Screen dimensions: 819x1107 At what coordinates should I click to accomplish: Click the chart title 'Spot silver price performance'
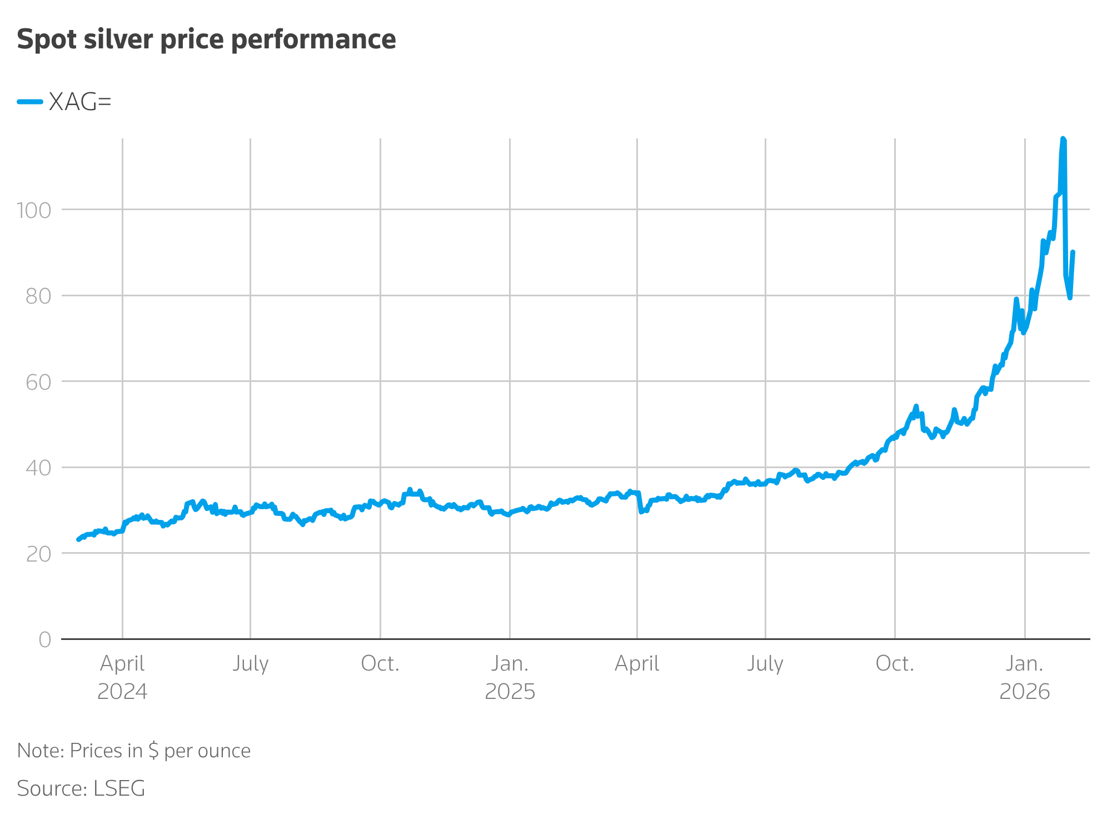click(206, 39)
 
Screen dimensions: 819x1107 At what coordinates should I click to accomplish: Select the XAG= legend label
click(80, 102)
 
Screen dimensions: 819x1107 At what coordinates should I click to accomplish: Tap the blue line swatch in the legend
click(30, 102)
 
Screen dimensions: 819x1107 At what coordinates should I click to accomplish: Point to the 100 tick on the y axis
click(34, 210)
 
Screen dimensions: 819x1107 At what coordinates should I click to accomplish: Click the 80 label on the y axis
click(38, 296)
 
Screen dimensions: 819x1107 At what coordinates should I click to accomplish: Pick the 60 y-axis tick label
click(38, 382)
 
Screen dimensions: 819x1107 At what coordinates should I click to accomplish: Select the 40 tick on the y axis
click(38, 468)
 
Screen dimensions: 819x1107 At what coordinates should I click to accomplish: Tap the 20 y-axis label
click(38, 554)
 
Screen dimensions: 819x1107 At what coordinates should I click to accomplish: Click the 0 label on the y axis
click(44, 639)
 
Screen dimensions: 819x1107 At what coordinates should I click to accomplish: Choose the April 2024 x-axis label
click(122, 677)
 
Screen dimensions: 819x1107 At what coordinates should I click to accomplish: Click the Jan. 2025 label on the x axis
click(510, 677)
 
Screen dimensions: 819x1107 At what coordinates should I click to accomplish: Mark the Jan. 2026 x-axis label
click(1024, 677)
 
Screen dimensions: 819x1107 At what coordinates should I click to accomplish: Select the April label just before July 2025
click(637, 663)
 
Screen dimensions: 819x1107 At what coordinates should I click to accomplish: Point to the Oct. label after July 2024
click(380, 663)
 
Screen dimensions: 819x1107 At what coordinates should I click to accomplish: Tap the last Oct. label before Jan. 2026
click(895, 663)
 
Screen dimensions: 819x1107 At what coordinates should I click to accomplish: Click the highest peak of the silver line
click(1063, 139)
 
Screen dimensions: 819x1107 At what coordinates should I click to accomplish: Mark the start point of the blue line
click(78, 539)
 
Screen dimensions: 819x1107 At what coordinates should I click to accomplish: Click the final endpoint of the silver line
click(1073, 252)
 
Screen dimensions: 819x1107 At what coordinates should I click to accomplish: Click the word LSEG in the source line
click(119, 788)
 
